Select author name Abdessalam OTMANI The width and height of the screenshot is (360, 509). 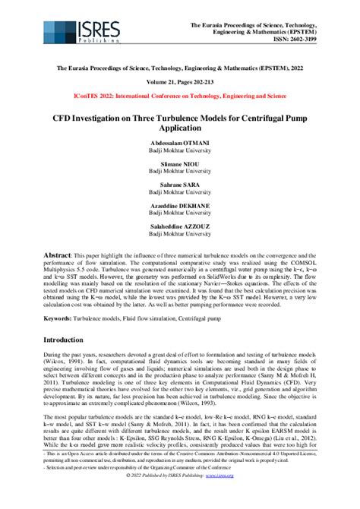180,143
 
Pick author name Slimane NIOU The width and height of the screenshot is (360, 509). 180,164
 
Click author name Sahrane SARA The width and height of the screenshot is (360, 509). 180,185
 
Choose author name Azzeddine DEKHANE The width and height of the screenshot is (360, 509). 180,206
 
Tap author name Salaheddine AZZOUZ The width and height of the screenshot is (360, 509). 180,227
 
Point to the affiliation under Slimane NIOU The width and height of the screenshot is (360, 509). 180,172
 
